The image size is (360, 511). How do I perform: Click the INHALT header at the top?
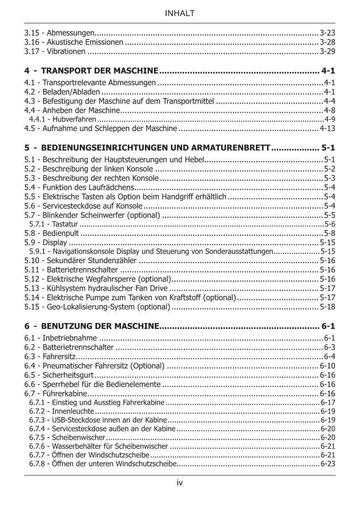point(180,14)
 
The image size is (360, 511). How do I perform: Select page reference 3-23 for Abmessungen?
point(327,33)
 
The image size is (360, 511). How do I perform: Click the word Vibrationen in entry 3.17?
point(66,51)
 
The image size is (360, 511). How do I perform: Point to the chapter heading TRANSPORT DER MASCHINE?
point(100,71)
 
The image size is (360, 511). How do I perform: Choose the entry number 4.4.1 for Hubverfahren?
point(37,119)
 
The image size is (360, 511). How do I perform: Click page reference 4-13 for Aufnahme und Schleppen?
point(327,128)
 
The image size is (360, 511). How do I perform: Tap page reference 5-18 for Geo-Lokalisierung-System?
point(327,307)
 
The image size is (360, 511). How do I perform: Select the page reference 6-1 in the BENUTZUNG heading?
point(328,327)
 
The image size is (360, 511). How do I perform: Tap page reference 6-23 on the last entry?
point(328,464)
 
